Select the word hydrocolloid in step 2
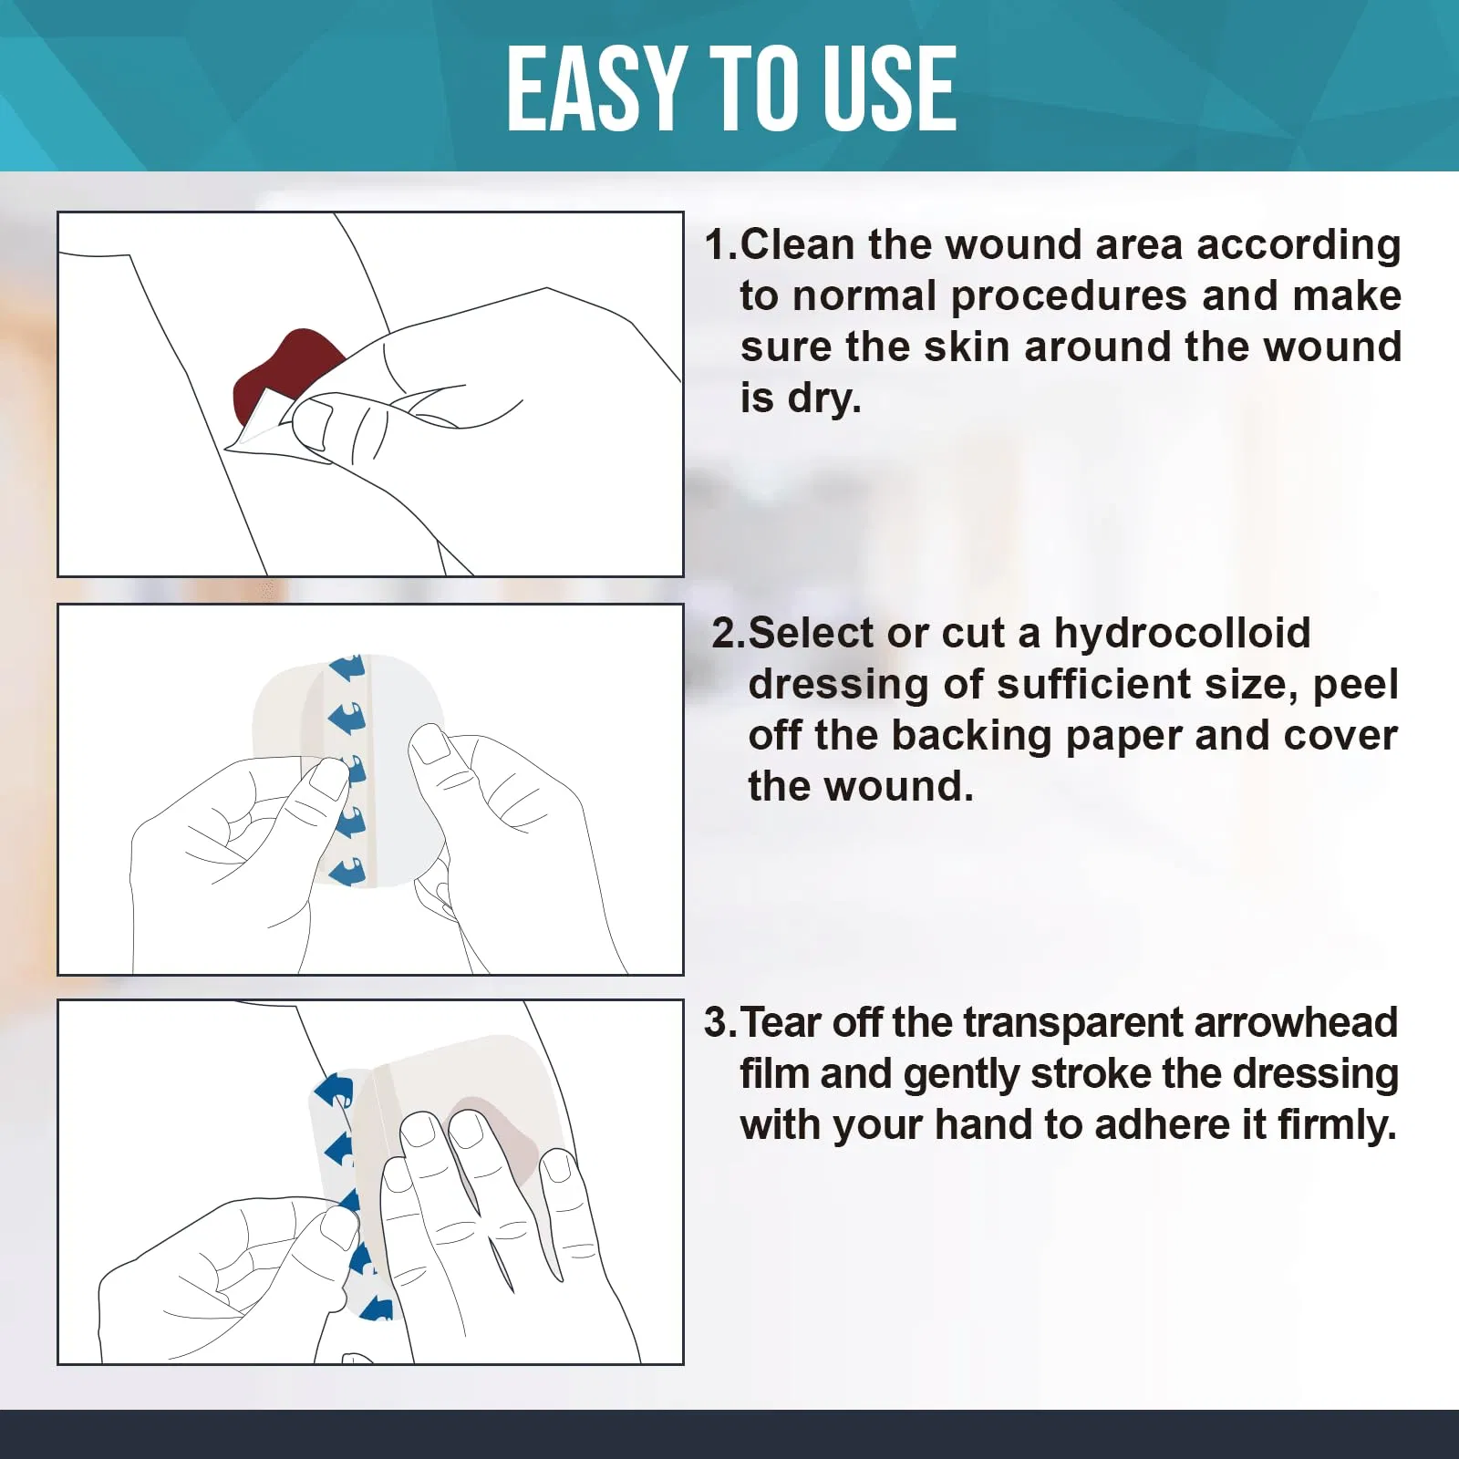click(x=1182, y=633)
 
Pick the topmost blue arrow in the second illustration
click(x=348, y=667)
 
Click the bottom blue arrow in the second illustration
click(x=347, y=873)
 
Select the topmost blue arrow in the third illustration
click(x=334, y=1089)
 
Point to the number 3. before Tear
click(x=719, y=1022)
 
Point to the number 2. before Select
click(x=728, y=633)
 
